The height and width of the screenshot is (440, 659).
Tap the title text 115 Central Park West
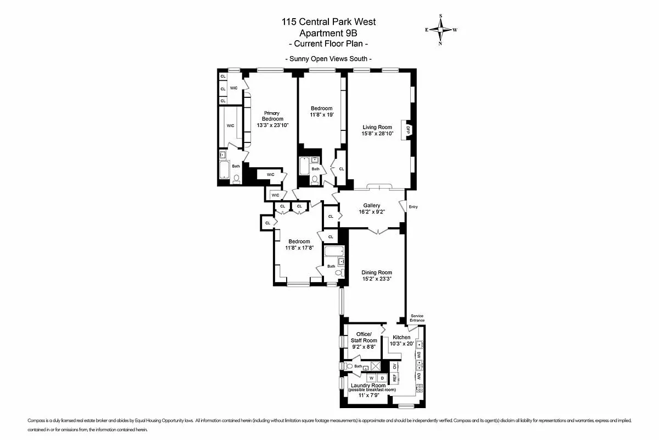pos(328,22)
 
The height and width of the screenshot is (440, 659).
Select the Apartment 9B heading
pos(328,33)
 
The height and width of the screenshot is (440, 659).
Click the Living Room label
pos(377,127)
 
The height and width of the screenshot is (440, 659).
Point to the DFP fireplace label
pos(408,130)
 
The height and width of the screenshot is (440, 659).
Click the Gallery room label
pos(371,206)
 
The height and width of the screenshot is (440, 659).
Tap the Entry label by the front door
pos(413,207)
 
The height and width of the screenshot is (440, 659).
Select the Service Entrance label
pos(417,318)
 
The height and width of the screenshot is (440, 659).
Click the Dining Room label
pos(376,272)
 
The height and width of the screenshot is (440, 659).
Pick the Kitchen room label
pos(401,337)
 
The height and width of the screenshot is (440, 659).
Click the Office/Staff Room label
pos(364,337)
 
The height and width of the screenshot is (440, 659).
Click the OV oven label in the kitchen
pos(394,366)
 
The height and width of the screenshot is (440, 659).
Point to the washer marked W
pos(371,378)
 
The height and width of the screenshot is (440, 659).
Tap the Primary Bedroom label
pos(272,116)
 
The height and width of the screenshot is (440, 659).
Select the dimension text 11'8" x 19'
pos(321,114)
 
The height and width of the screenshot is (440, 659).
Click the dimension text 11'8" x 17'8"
pos(299,248)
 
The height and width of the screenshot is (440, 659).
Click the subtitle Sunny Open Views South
pos(328,59)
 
